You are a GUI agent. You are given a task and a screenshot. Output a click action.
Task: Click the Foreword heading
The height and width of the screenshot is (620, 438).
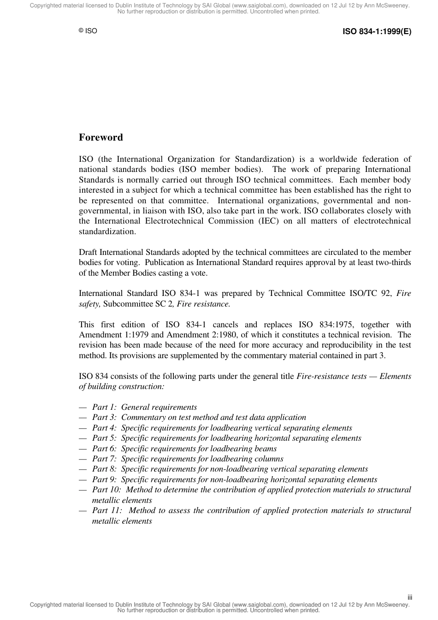[101, 137]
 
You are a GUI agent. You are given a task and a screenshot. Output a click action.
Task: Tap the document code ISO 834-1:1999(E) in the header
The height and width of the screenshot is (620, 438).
[377, 32]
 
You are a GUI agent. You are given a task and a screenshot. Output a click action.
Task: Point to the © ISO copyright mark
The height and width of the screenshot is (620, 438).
[88, 31]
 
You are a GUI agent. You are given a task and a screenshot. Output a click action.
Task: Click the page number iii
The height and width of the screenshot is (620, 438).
[409, 597]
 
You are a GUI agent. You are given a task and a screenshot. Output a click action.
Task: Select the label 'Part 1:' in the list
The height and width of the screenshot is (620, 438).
[105, 407]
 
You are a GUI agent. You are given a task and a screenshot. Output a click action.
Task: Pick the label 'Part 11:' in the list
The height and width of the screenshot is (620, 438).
[107, 510]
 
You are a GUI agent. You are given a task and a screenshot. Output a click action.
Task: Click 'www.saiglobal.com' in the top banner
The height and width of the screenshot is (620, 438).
[260, 6]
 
